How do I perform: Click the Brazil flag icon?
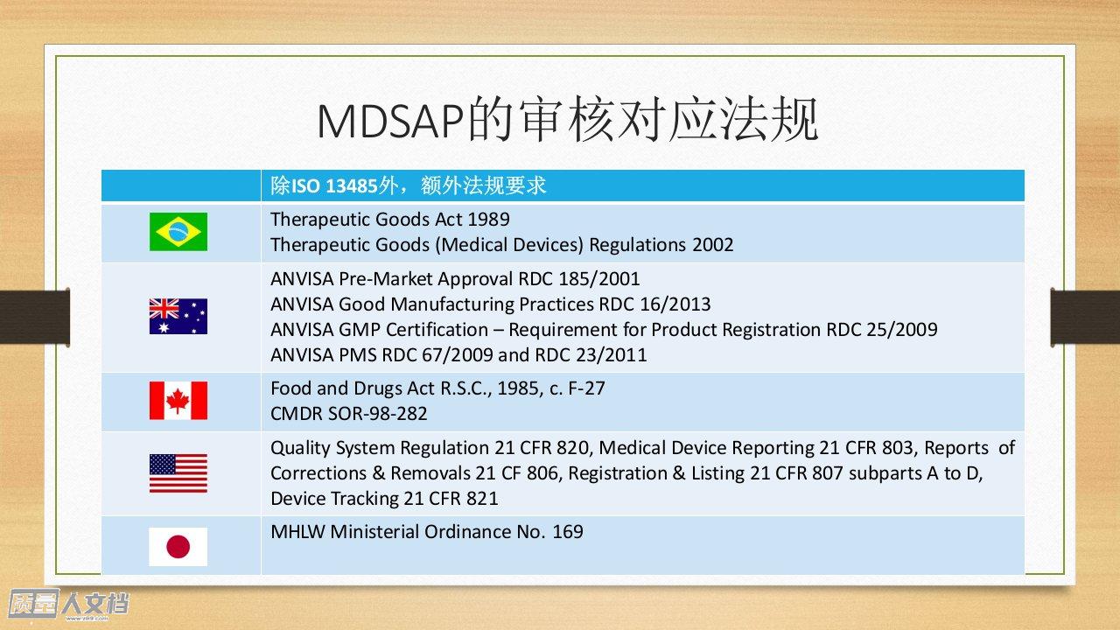tap(178, 232)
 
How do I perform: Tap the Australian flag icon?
tap(178, 317)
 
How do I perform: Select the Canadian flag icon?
tap(178, 401)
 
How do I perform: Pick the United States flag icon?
tap(178, 473)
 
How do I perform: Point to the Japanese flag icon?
tap(178, 547)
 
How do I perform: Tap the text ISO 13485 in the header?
tap(334, 186)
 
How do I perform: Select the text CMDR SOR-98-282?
tap(349, 414)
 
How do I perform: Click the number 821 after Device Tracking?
tap(483, 499)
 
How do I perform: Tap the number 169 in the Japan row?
tap(568, 532)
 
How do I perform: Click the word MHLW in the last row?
tap(297, 532)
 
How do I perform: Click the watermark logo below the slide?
tap(68, 604)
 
